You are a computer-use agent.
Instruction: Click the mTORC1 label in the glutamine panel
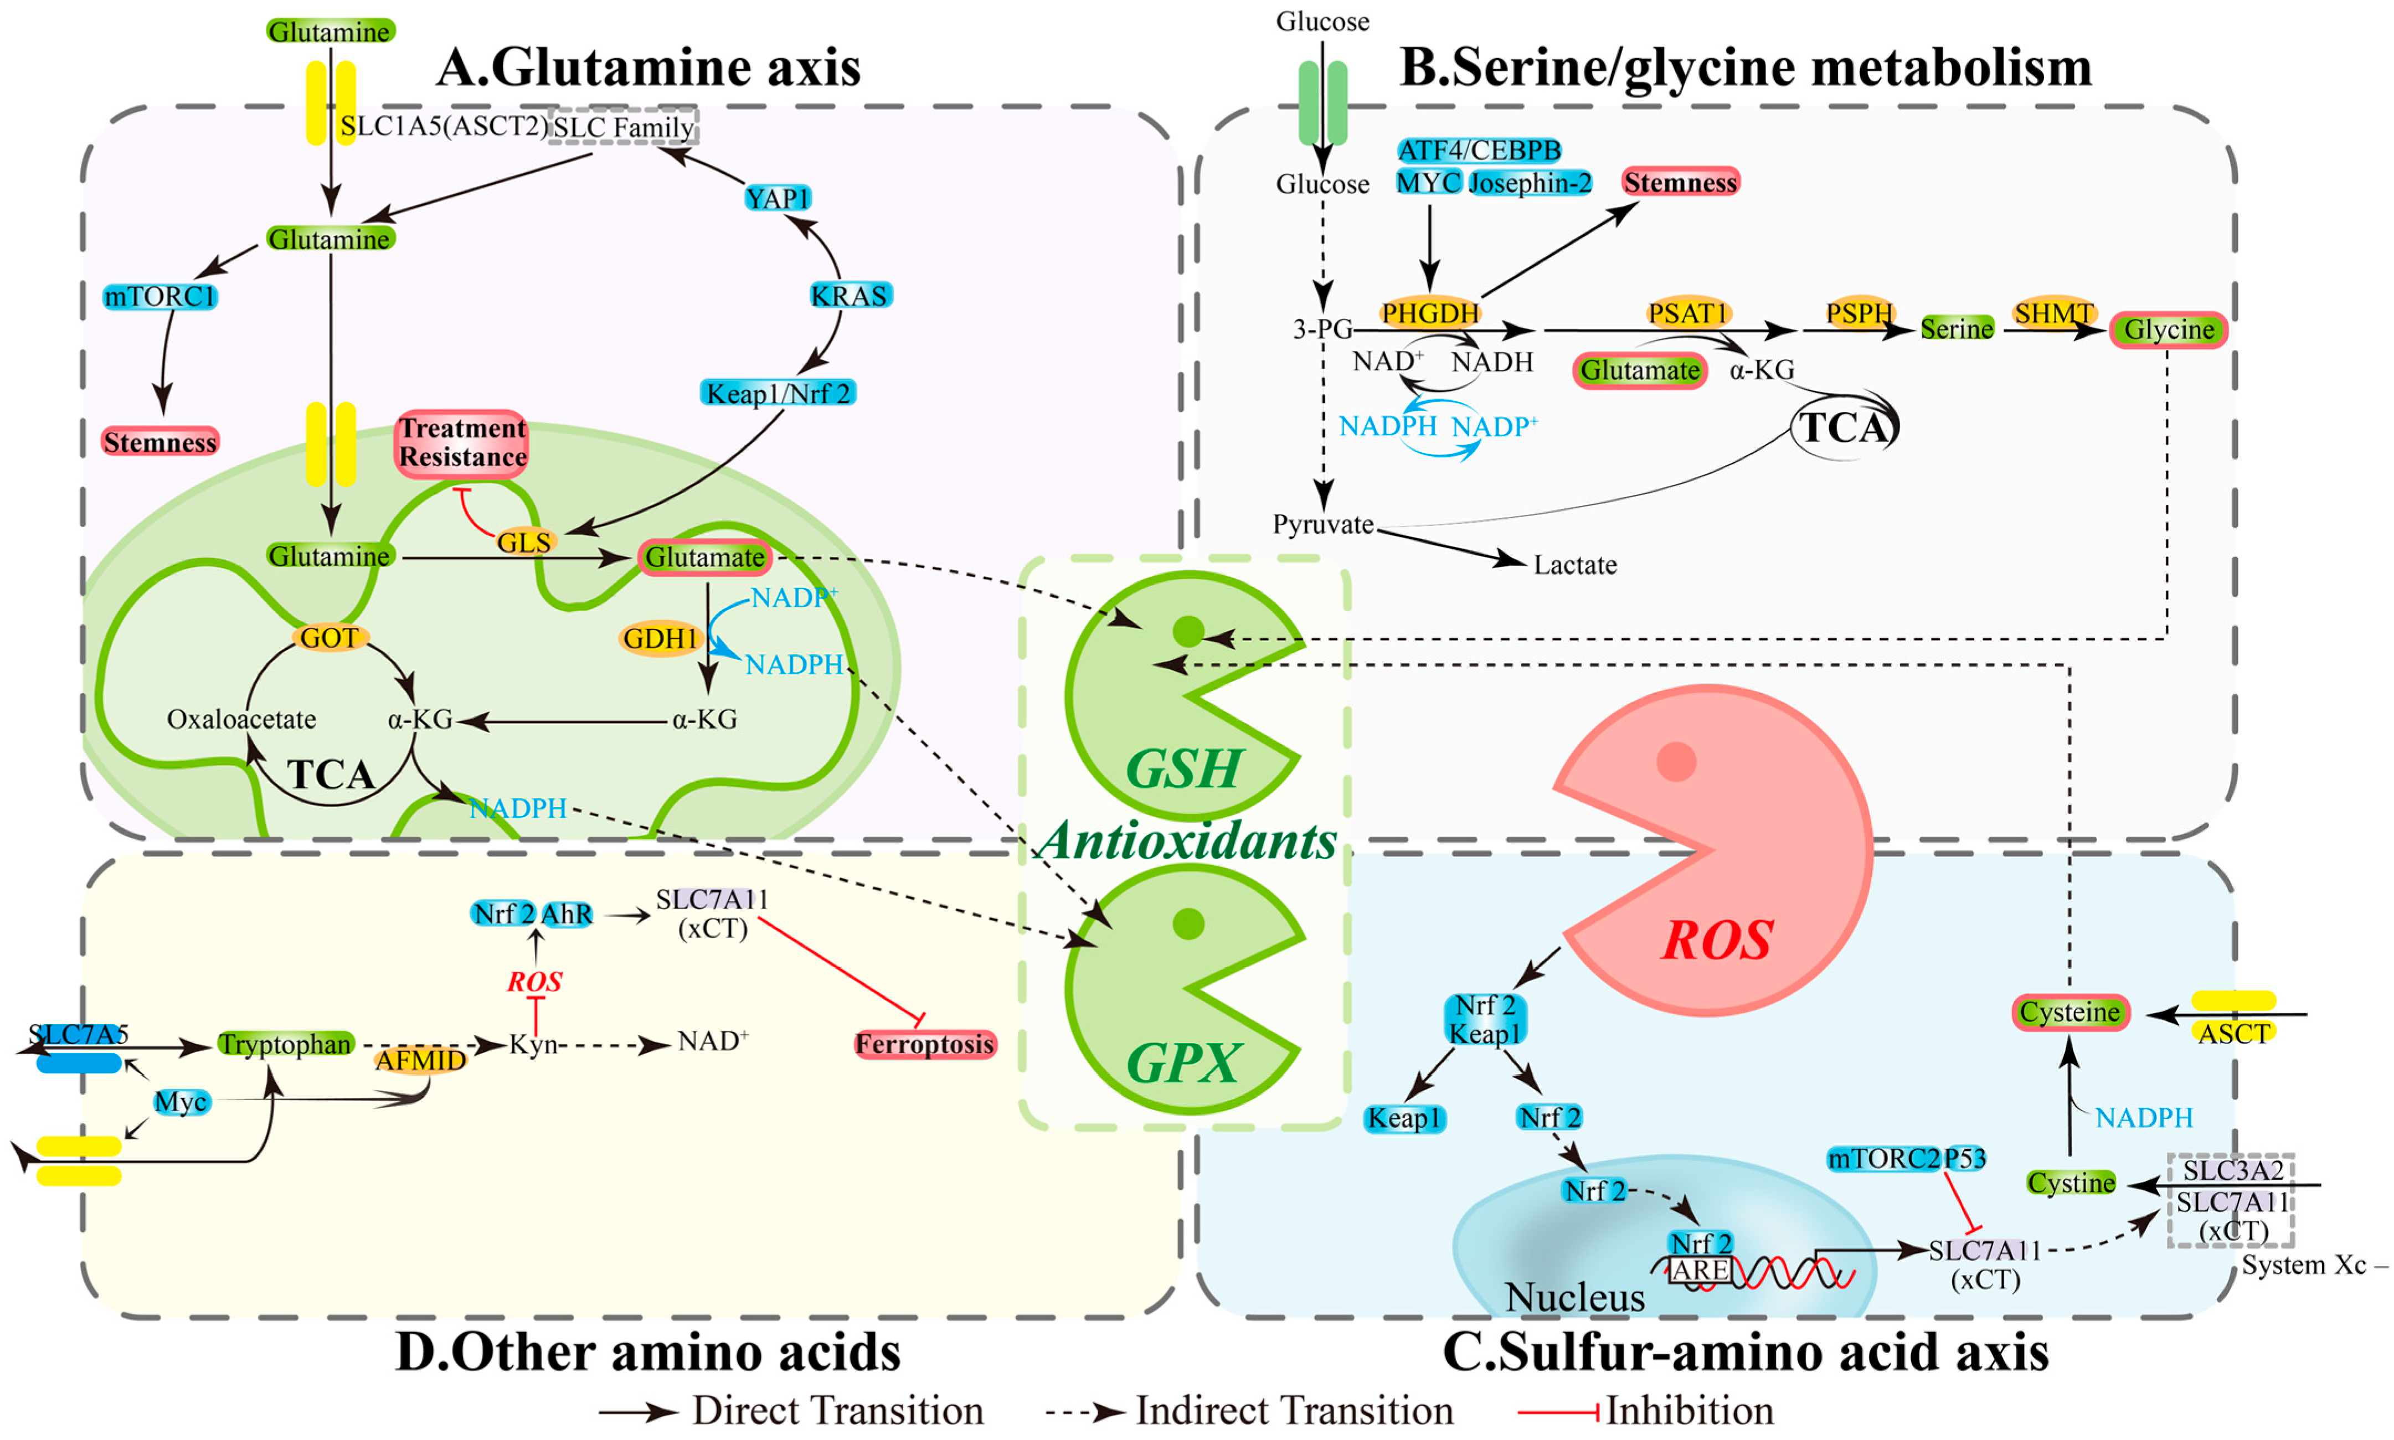pos(160,296)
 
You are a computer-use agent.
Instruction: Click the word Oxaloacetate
pos(241,719)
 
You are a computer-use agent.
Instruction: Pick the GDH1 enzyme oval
pos(660,638)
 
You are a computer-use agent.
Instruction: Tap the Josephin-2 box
pos(1530,183)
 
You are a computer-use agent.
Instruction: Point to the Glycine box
pos(2169,330)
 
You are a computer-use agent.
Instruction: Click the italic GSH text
pos(1183,770)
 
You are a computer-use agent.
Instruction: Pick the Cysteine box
pos(2070,1012)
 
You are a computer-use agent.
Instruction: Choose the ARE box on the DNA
pos(1700,1270)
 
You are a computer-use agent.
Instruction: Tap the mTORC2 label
pos(1883,1159)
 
